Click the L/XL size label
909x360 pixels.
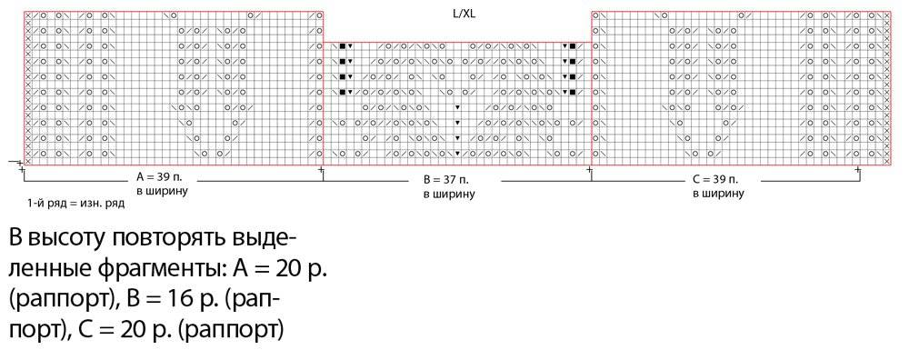tap(464, 15)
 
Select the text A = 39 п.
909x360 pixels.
tap(158, 178)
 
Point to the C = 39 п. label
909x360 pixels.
tap(714, 179)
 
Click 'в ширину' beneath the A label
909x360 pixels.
tap(162, 191)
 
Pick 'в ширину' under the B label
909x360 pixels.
tap(449, 195)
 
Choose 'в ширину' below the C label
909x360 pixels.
tap(718, 193)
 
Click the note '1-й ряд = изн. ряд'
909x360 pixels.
tap(75, 204)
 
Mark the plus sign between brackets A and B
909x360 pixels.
tap(322, 170)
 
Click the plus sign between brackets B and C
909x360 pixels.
tap(590, 170)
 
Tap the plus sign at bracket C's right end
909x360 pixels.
tap(858, 170)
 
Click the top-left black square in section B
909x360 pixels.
tap(343, 45)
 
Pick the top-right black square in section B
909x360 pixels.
tap(572, 45)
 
